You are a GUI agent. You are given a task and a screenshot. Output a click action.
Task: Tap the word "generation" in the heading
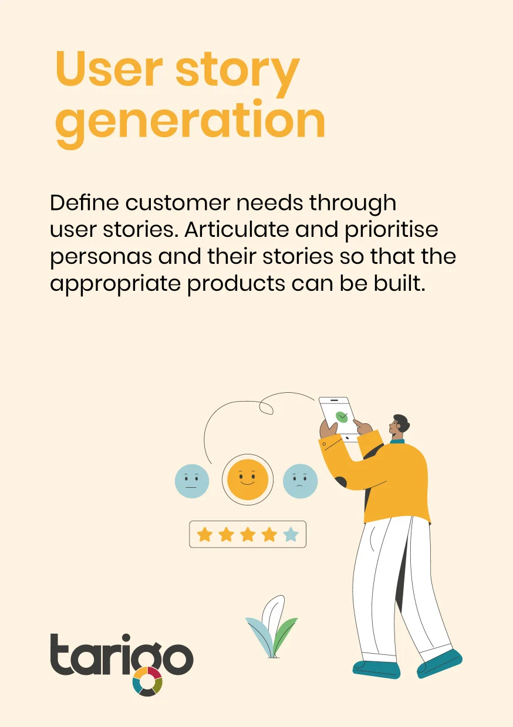pyautogui.click(x=190, y=123)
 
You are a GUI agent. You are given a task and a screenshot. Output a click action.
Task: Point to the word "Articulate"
pyautogui.click(x=237, y=229)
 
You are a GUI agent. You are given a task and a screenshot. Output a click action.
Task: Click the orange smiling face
pyautogui.click(x=248, y=480)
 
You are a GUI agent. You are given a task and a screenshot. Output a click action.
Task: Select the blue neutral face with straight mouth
pyautogui.click(x=192, y=481)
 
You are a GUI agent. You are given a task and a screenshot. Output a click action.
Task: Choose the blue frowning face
pyautogui.click(x=300, y=481)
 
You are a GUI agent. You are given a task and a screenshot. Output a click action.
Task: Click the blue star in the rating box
pyautogui.click(x=291, y=535)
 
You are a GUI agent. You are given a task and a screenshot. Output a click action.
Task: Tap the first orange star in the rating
pyautogui.click(x=205, y=535)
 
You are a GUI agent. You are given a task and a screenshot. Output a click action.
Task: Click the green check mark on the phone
pyautogui.click(x=342, y=416)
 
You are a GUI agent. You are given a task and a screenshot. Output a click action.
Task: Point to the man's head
pyautogui.click(x=399, y=425)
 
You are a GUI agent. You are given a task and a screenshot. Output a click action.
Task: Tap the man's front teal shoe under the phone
pyautogui.click(x=377, y=670)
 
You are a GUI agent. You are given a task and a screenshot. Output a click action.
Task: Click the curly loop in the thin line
pyautogui.click(x=266, y=407)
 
